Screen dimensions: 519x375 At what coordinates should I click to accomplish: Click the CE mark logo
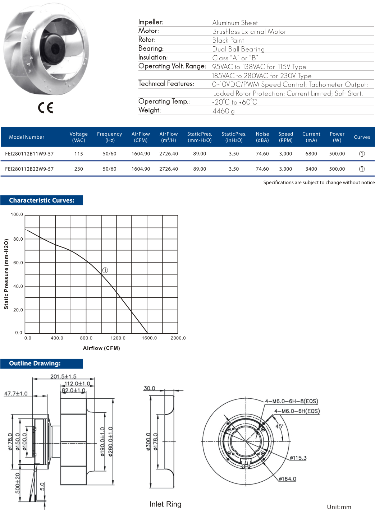point(46,108)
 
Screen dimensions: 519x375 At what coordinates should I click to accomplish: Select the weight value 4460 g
point(223,111)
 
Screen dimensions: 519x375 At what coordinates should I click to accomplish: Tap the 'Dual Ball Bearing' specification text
point(238,49)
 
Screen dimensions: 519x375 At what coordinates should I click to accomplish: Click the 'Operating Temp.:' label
point(164,102)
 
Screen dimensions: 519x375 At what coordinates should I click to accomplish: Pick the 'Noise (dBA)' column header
point(262,137)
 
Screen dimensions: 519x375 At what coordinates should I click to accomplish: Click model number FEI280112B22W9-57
point(29,169)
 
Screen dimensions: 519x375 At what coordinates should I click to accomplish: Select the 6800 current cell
point(311,154)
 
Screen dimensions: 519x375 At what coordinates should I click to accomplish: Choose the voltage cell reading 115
point(79,154)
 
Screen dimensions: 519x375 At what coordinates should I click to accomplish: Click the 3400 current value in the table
point(311,169)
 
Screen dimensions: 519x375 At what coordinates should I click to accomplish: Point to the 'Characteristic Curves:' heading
point(42,200)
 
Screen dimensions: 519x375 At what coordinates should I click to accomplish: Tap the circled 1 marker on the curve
point(105,270)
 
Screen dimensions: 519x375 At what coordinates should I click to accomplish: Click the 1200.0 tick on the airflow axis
point(118,338)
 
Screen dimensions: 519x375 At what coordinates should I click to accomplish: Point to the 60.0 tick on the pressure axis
point(18,263)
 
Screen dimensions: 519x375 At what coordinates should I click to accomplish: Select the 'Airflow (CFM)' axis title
point(101,348)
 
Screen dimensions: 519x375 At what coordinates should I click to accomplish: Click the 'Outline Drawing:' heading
point(35,363)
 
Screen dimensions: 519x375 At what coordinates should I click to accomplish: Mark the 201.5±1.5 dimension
point(63,376)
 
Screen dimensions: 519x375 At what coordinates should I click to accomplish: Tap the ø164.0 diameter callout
point(287,479)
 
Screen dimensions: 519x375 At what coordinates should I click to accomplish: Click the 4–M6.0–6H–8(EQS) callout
point(292,401)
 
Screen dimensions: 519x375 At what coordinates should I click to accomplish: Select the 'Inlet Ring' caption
point(165,504)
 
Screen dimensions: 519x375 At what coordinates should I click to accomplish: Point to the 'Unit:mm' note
point(339,507)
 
